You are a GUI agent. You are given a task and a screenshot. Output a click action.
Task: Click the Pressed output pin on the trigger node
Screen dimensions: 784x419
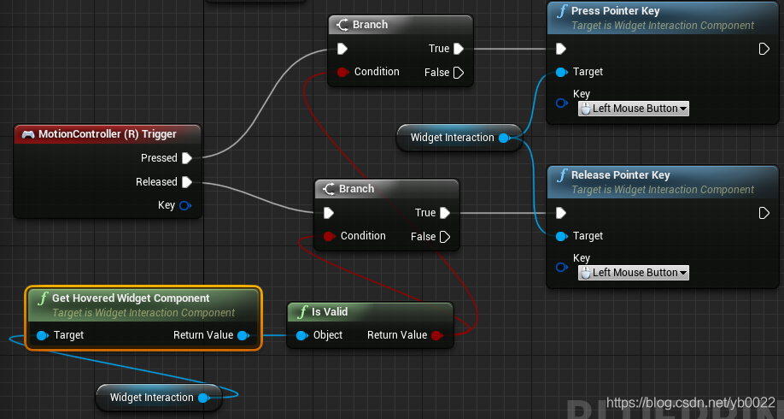(187, 158)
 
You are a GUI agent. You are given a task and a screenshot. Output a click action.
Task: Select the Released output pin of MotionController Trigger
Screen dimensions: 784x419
(187, 182)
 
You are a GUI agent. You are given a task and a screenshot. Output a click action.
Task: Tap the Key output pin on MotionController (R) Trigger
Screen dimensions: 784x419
(185, 205)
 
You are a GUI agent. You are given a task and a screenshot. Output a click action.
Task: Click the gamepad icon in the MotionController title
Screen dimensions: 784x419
(28, 134)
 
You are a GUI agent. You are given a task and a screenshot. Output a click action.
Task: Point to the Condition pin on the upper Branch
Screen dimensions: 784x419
(342, 72)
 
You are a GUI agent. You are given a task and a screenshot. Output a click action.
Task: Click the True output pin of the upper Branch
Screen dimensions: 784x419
(459, 49)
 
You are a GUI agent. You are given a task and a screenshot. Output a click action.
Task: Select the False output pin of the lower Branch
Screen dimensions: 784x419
(445, 237)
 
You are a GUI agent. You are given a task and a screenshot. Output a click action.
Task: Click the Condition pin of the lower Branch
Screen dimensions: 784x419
(329, 236)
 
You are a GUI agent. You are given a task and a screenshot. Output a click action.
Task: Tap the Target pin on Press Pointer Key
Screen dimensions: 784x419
(561, 72)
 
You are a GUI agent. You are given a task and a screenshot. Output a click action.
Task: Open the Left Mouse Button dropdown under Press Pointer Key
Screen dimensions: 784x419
(634, 109)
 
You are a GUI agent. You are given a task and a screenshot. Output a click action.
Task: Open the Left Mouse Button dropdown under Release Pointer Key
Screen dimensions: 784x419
(634, 273)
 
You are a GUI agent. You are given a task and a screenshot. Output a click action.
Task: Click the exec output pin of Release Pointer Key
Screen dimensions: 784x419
(764, 213)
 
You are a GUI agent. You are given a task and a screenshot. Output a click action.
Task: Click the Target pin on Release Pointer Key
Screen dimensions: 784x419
(561, 236)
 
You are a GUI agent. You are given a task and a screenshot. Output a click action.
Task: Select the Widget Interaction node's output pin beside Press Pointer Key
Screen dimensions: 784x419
(504, 138)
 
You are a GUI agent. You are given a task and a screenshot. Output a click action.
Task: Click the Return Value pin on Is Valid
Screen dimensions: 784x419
(437, 335)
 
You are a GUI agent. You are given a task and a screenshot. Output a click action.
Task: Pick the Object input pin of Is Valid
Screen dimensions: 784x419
(302, 335)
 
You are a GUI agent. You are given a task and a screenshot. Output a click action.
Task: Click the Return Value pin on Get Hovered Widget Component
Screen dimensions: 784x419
(243, 335)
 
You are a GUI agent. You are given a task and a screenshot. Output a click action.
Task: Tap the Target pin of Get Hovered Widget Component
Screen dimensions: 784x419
(43, 335)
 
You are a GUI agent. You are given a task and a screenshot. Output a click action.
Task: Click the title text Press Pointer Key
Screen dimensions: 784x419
(615, 11)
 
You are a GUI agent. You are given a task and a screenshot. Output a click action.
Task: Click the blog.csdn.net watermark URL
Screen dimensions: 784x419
(691, 402)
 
